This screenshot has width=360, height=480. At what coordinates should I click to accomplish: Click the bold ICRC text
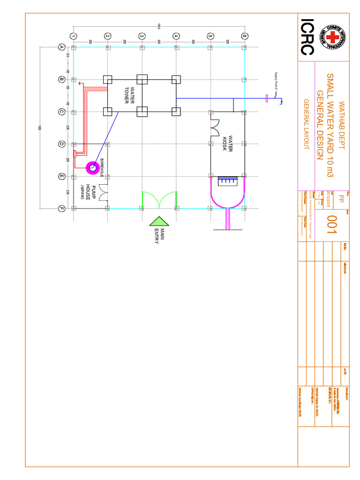[307, 37]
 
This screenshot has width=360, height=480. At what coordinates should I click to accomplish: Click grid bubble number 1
[73, 36]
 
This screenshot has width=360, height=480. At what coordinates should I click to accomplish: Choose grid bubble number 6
[244, 36]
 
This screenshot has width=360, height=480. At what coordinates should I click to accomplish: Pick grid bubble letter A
[61, 47]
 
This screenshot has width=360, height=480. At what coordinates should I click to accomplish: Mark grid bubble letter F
[61, 209]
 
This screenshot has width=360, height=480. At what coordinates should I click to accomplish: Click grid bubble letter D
[61, 144]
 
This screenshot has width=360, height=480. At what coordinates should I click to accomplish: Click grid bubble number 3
[142, 36]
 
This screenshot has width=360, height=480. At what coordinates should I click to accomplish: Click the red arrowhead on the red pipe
[80, 84]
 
